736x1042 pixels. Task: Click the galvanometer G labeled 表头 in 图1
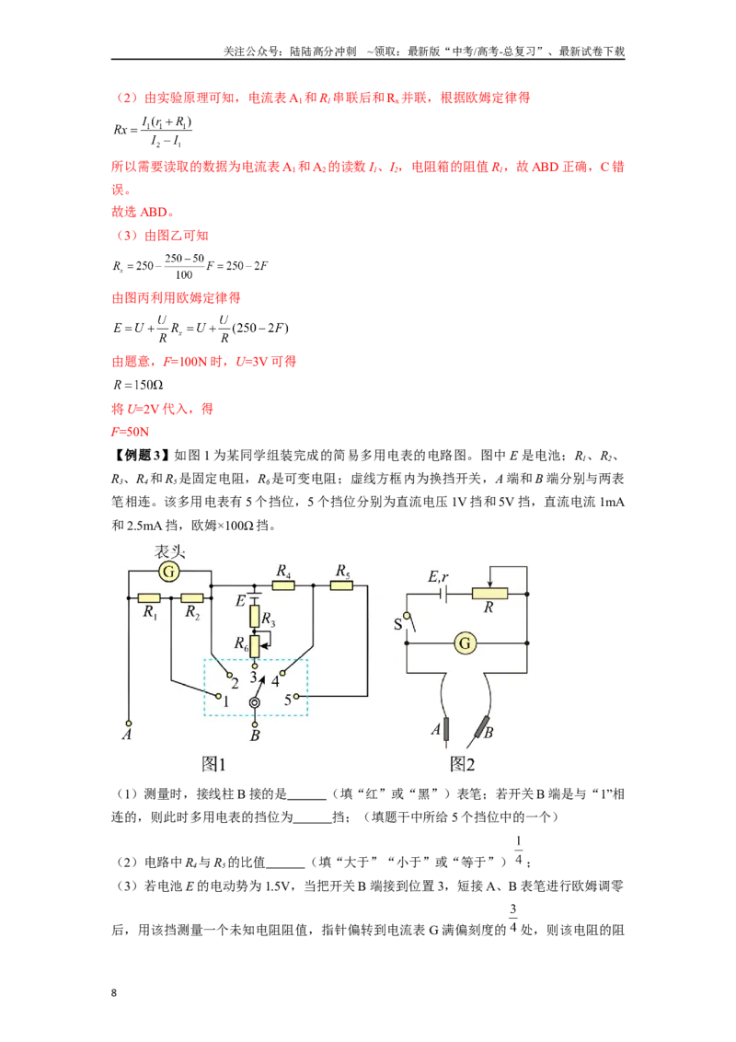pyautogui.click(x=169, y=572)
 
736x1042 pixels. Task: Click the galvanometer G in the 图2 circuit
pyautogui.click(x=465, y=643)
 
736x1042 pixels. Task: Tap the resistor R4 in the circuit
pyautogui.click(x=283, y=585)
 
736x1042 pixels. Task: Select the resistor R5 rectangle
pyautogui.click(x=341, y=585)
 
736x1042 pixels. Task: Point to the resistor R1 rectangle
pyautogui.click(x=149, y=597)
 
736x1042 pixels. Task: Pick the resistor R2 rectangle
pyautogui.click(x=192, y=597)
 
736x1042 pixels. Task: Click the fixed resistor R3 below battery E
pyautogui.click(x=255, y=616)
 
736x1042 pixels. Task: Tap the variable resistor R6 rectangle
pyautogui.click(x=255, y=645)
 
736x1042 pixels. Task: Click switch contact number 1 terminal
pyautogui.click(x=219, y=695)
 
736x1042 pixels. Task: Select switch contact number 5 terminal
pyautogui.click(x=296, y=697)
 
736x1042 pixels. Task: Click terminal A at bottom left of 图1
pyautogui.click(x=129, y=723)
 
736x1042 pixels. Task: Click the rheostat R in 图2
pyautogui.click(x=489, y=594)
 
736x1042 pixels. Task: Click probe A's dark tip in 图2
pyautogui.click(x=445, y=729)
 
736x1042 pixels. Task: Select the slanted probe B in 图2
pyautogui.click(x=482, y=730)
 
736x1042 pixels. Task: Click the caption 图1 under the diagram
pyautogui.click(x=213, y=764)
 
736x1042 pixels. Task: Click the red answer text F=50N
pyautogui.click(x=131, y=432)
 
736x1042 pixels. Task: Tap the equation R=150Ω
pyautogui.click(x=138, y=385)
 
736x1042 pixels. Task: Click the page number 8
pyautogui.click(x=113, y=993)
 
